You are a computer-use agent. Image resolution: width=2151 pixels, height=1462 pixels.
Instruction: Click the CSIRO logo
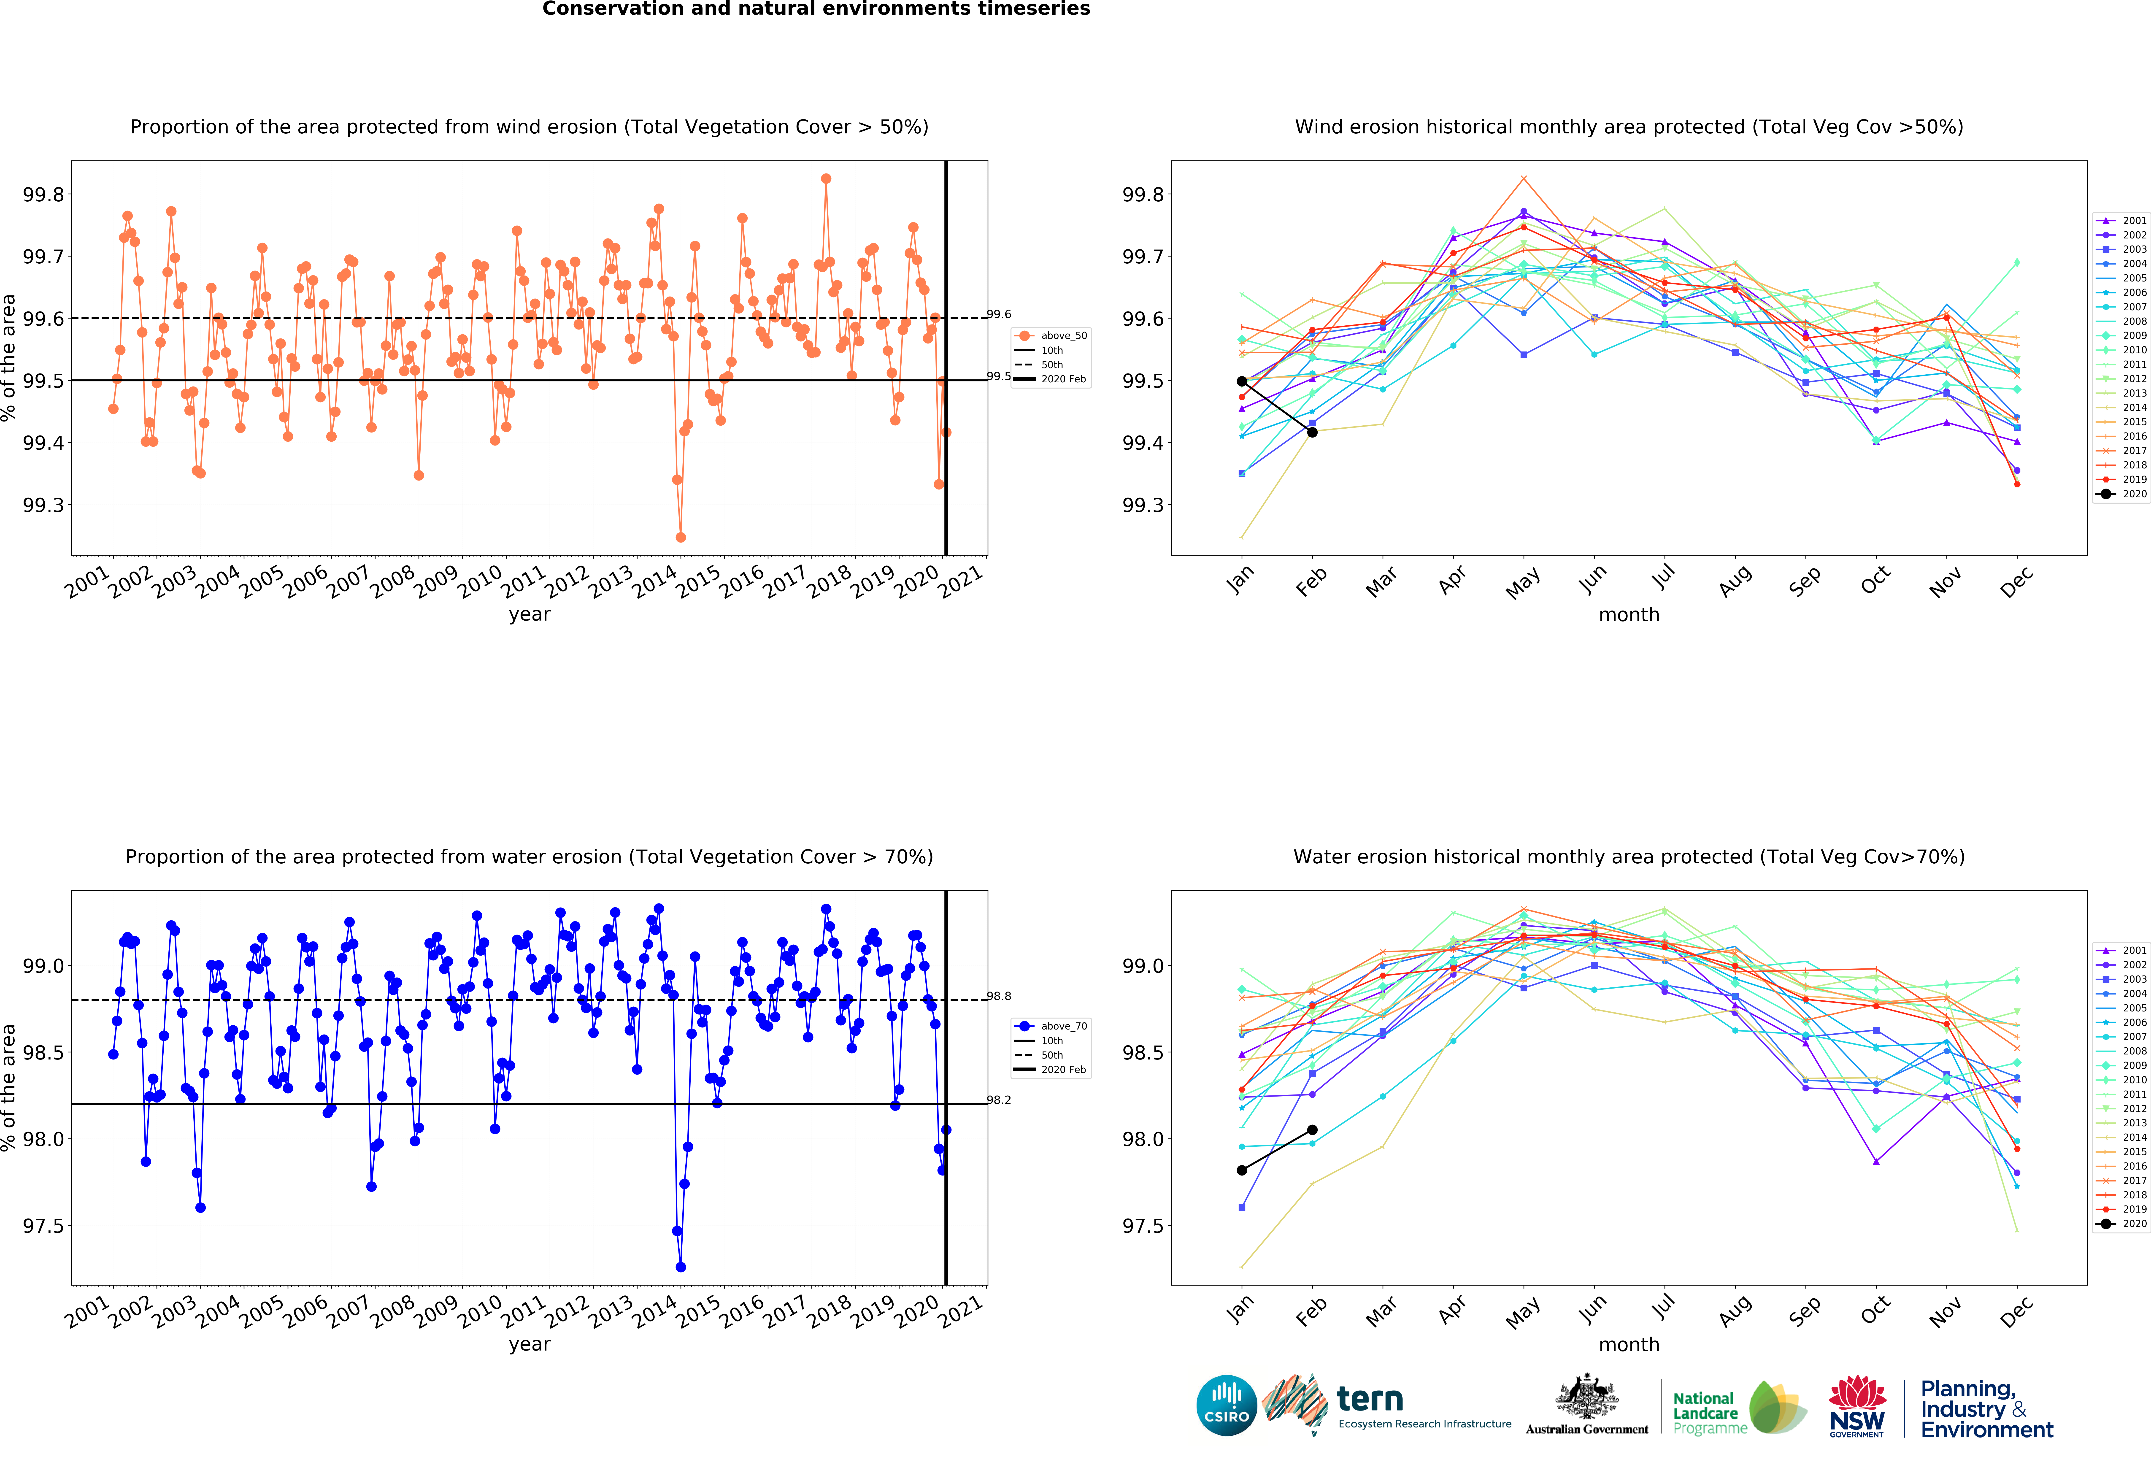[x=1226, y=1405]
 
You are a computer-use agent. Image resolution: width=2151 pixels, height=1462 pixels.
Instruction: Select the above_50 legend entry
[x=1052, y=336]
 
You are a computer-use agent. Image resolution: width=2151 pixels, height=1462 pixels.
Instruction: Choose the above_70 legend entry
[x=1052, y=1026]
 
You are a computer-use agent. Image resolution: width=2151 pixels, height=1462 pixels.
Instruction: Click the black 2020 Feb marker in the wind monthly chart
[x=1311, y=432]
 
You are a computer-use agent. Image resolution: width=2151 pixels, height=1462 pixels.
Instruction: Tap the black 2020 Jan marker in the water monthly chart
[x=1241, y=1170]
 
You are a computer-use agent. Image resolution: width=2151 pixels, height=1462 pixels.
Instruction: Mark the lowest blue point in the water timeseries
[x=680, y=1267]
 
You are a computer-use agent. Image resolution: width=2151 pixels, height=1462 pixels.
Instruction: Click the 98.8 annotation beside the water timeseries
[x=999, y=997]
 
